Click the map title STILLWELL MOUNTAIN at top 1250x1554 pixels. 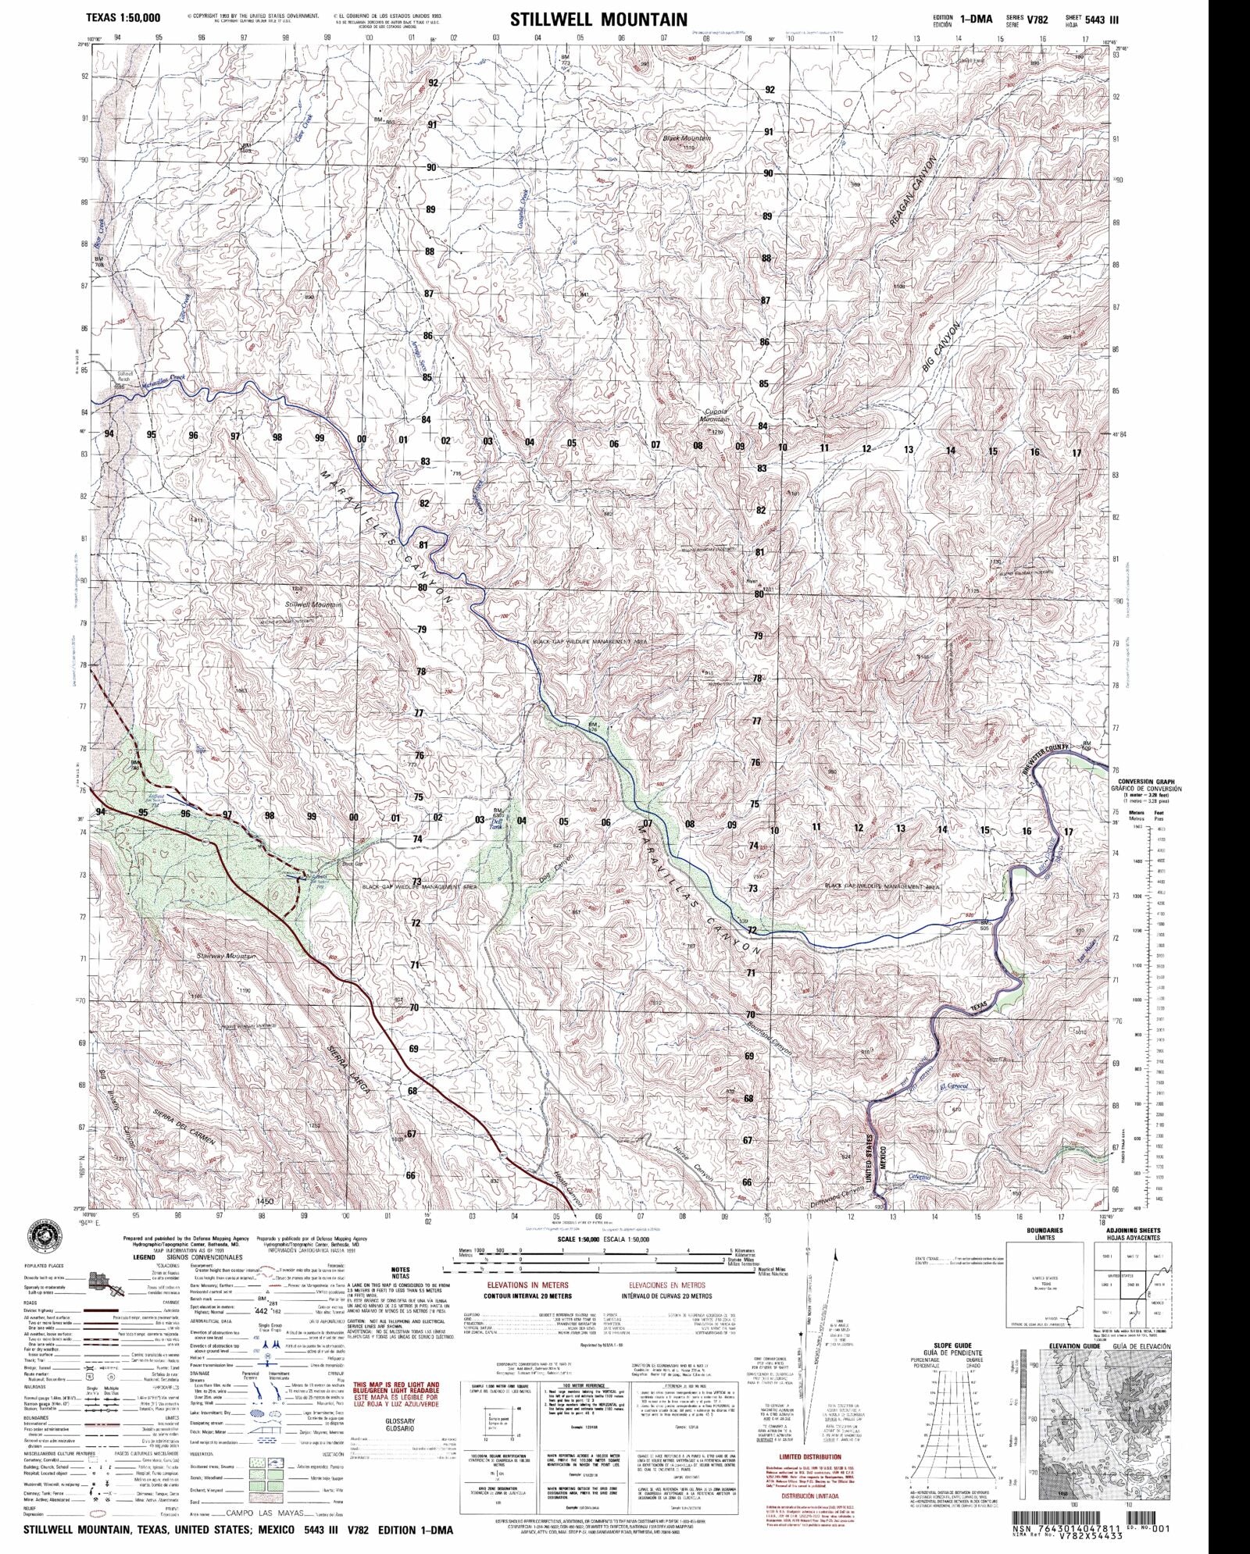(x=598, y=20)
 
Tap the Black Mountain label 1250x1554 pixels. (x=687, y=138)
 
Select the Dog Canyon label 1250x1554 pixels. (x=556, y=868)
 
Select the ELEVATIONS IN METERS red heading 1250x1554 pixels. (x=527, y=1284)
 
